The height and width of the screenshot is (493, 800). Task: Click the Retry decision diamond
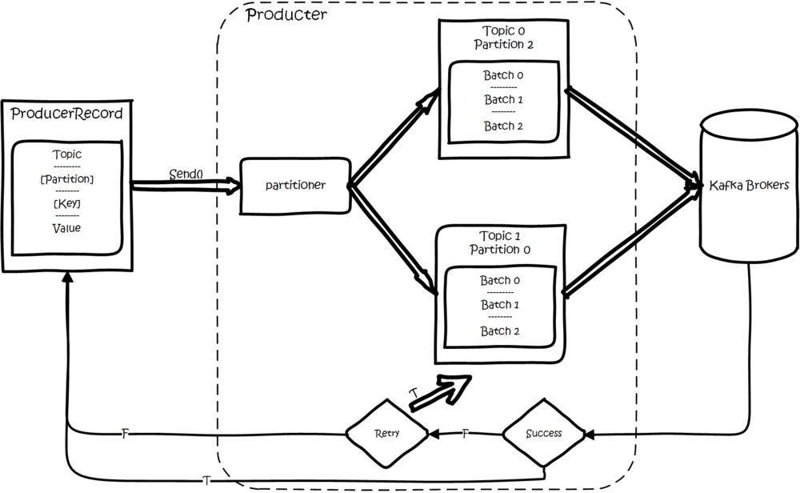pyautogui.click(x=386, y=433)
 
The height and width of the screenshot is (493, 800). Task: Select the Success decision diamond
pyautogui.click(x=543, y=433)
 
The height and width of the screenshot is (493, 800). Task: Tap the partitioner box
pyautogui.click(x=295, y=186)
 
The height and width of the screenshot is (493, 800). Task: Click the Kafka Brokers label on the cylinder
pyautogui.click(x=749, y=185)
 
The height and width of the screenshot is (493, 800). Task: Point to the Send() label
pyautogui.click(x=186, y=174)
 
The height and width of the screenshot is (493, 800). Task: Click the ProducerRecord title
pyautogui.click(x=67, y=114)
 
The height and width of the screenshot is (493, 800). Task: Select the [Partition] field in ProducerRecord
pyautogui.click(x=67, y=179)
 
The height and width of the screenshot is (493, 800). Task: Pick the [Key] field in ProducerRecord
pyautogui.click(x=67, y=203)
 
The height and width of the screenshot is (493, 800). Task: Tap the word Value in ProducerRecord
pyautogui.click(x=67, y=228)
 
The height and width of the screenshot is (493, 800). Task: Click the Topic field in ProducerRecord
pyautogui.click(x=67, y=154)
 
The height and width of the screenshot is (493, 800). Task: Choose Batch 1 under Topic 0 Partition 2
pyautogui.click(x=503, y=99)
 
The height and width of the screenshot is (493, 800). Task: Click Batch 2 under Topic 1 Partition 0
pyautogui.click(x=500, y=331)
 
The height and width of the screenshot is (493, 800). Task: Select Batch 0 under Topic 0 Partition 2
pyautogui.click(x=503, y=75)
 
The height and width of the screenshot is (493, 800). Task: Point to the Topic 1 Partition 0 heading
pyautogui.click(x=500, y=242)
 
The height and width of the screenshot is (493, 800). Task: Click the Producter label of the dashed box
pyautogui.click(x=286, y=14)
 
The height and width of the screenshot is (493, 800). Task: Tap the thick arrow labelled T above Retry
pyautogui.click(x=440, y=392)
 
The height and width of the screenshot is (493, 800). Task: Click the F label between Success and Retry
pyautogui.click(x=465, y=434)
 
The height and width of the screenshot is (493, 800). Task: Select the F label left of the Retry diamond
pyautogui.click(x=125, y=434)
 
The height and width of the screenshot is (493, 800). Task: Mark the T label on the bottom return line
pyautogui.click(x=206, y=481)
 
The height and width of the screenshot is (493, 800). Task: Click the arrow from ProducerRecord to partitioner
pyautogui.click(x=186, y=186)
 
